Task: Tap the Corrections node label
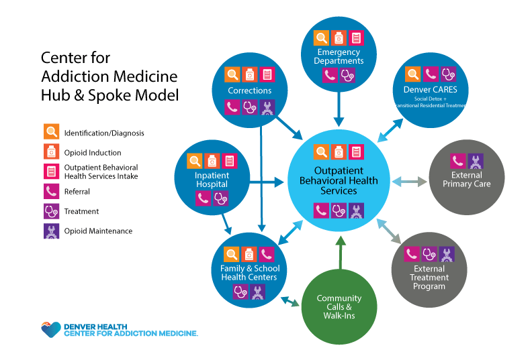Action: (249, 90)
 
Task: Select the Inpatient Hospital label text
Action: (212, 180)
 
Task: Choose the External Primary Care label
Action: (466, 180)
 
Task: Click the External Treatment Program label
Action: (429, 278)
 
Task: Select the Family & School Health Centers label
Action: (249, 273)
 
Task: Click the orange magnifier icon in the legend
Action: (51, 133)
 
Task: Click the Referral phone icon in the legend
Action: (51, 192)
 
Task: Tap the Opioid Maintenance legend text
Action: (98, 231)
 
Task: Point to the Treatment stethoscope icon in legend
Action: (51, 211)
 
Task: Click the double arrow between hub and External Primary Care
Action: (409, 182)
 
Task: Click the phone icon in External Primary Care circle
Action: (457, 161)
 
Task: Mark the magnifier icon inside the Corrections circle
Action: (232, 74)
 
